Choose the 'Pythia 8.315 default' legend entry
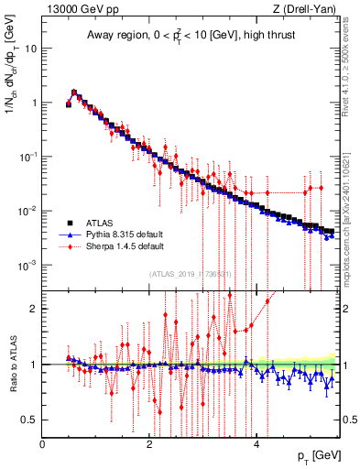pyautogui.click(x=122, y=234)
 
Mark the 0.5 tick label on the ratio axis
pyautogui.click(x=29, y=420)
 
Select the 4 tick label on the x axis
pyautogui.click(x=256, y=444)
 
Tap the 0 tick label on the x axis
pyautogui.click(x=43, y=444)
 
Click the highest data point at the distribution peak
pyautogui.click(x=74, y=92)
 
